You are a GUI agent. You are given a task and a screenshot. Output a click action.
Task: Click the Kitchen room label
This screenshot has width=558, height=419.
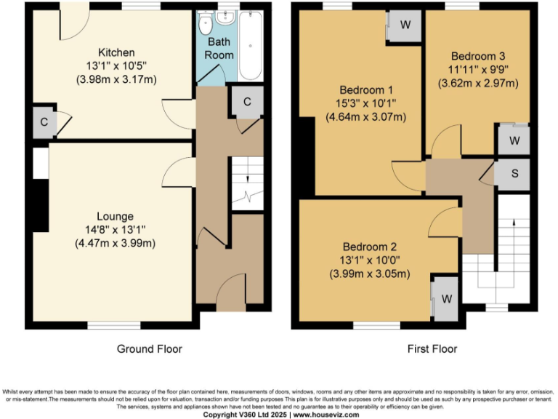pos(116,52)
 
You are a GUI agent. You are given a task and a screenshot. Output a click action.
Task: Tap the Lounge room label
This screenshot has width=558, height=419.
pos(115,216)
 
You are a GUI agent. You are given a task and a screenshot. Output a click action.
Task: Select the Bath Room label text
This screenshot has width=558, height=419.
pos(219,49)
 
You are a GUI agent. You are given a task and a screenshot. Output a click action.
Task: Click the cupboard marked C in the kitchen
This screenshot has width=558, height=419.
pos(44,122)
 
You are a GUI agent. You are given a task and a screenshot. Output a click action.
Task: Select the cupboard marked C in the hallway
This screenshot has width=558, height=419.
pos(247,103)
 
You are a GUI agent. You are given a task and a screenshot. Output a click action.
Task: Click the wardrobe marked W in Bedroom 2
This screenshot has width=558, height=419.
pos(446,298)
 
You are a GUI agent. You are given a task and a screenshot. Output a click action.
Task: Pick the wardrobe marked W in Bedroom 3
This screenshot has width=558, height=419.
pos(514,140)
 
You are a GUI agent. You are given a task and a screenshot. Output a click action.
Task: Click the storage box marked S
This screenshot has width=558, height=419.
pos(514,173)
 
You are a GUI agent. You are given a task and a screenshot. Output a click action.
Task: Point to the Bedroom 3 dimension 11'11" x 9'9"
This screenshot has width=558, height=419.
pos(477,70)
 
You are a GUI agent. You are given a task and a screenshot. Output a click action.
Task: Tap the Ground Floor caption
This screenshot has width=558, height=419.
pos(150,349)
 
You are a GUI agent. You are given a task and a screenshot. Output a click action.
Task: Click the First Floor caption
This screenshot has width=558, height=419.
pos(432,349)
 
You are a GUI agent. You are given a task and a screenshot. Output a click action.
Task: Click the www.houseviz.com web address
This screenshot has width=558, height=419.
pos(325,414)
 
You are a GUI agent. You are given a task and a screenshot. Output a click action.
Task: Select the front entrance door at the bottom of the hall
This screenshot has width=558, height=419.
pos(232,295)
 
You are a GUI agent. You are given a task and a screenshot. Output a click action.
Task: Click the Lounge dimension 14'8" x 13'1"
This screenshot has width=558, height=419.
pos(115,229)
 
